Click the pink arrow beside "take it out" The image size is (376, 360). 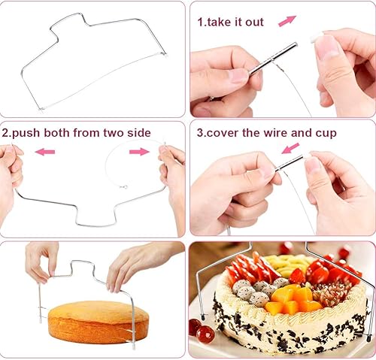tap(287, 21)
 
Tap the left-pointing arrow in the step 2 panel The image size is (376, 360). tap(45, 152)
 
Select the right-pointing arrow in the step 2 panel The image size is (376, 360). tap(139, 152)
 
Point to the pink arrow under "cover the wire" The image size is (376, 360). tap(290, 148)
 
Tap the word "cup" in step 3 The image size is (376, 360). tap(326, 133)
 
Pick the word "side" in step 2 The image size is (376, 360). tap(139, 132)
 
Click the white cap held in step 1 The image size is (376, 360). tap(315, 38)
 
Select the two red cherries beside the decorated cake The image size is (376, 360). tap(202, 330)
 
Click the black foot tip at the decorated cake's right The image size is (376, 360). tap(368, 339)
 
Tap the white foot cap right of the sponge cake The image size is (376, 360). tap(134, 347)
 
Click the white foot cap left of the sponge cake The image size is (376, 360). tap(40, 319)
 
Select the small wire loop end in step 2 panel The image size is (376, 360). tap(123, 186)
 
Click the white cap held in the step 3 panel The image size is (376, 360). tap(308, 156)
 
